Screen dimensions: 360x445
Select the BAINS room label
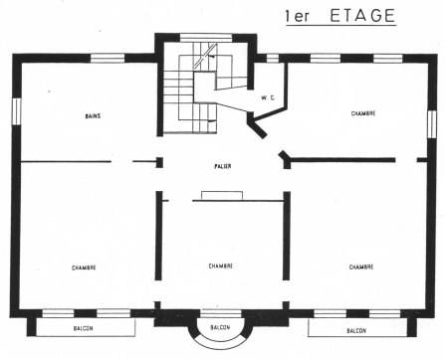[x=93, y=116]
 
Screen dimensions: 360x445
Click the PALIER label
[x=221, y=166]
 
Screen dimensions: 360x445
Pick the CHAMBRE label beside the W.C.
[x=362, y=114]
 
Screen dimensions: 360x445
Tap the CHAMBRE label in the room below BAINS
[x=84, y=269]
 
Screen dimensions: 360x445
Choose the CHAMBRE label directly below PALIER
[x=221, y=267]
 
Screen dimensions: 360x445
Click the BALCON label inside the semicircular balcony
[x=221, y=327]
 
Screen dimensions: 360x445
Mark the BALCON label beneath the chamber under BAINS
[x=84, y=328]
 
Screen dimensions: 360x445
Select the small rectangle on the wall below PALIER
[x=216, y=195]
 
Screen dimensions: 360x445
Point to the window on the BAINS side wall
[x=15, y=110]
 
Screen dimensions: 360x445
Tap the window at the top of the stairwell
[x=206, y=38]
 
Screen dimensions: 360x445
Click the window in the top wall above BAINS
[x=107, y=58]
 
